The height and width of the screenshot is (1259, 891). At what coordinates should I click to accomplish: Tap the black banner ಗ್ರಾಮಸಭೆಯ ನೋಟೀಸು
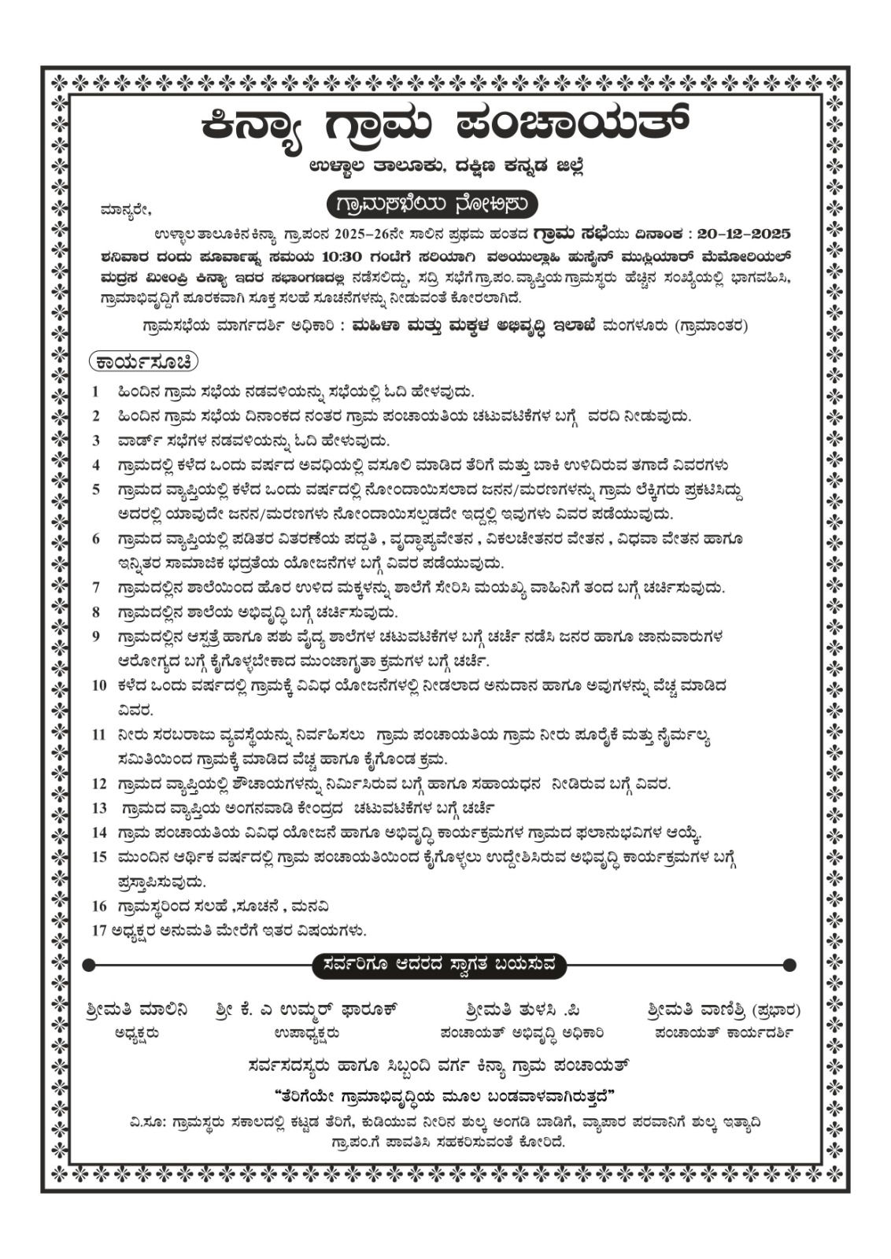click(x=432, y=205)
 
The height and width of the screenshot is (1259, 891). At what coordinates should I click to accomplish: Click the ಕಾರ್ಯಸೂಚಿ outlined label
click(x=143, y=362)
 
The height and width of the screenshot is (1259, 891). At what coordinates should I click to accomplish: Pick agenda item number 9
click(x=96, y=637)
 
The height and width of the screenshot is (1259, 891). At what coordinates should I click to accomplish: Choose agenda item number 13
click(x=98, y=808)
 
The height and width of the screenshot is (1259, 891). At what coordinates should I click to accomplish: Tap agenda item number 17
click(x=98, y=930)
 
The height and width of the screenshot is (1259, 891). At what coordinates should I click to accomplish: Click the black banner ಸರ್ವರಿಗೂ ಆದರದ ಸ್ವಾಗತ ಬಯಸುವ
click(x=438, y=965)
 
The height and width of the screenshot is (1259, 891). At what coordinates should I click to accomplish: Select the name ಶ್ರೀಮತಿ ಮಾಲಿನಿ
click(x=137, y=1010)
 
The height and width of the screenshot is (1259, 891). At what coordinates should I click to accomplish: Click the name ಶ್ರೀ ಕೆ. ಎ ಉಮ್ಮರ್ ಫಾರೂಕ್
click(x=305, y=1010)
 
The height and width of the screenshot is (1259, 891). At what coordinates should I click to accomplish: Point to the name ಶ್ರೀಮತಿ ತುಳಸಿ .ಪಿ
click(x=522, y=1010)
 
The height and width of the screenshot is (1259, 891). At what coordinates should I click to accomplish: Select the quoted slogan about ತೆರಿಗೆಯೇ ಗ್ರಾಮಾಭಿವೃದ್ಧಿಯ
click(x=445, y=1096)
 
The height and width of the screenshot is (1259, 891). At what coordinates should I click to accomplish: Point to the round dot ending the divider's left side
click(x=89, y=965)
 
